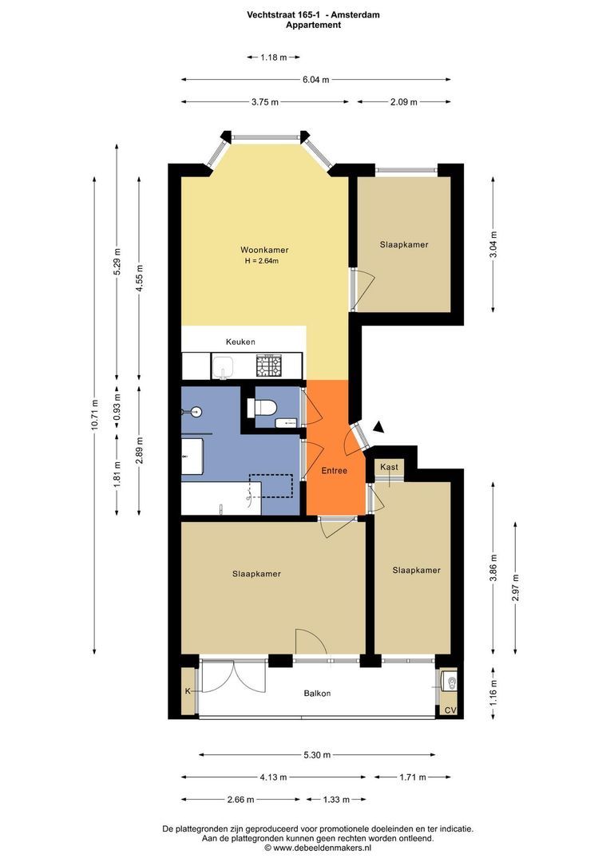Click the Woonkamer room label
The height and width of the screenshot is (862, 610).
264,250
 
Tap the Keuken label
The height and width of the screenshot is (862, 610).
240,342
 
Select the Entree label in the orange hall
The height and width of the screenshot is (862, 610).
335,471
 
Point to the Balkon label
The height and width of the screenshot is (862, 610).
318,694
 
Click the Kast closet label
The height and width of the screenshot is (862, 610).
389,467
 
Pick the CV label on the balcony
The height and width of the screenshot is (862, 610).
450,710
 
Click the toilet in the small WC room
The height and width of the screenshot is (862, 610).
262,408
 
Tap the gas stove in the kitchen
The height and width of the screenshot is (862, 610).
269,366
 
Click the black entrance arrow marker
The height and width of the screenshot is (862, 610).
378,426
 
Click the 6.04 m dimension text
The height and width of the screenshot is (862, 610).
315,80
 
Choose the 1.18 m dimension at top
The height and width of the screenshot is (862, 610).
273,57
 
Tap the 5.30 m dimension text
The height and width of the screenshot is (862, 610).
318,755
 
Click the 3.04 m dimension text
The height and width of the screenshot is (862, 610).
493,245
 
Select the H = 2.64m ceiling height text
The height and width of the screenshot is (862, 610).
262,261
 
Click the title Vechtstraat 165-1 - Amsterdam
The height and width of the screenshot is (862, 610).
314,15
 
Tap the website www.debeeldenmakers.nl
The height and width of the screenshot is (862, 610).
318,848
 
